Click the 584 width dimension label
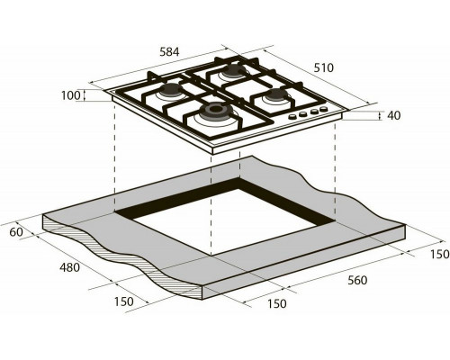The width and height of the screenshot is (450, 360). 169,52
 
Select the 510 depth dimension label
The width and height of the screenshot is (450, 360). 324,68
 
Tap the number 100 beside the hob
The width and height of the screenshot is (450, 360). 71,95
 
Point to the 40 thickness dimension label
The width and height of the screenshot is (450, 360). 394,115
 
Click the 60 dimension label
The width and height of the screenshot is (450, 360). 16,232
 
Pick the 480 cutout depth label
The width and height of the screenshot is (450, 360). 69,267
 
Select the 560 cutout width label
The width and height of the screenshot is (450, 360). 357,280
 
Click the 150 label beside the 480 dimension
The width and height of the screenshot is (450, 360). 124,301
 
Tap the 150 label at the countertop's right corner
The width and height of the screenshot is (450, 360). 440,254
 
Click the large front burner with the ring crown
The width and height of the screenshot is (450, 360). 213,111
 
